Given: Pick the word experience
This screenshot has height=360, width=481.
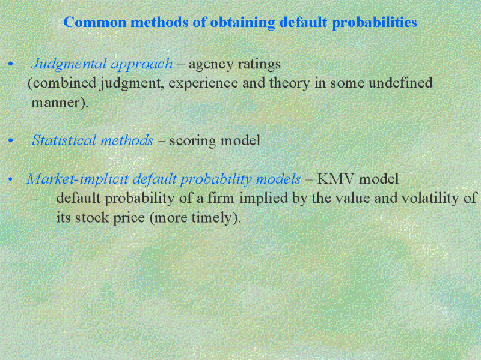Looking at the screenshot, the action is pos(203,83).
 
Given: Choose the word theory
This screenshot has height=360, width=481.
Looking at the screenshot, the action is pos(290,83).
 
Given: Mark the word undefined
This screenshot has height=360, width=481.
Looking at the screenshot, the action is pos(400,83).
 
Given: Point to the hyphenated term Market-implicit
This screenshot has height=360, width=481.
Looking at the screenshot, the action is pos(78,179).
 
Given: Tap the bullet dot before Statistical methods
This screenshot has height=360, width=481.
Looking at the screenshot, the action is pos(11,140).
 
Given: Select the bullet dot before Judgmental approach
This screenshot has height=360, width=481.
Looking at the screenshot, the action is pos(11,64).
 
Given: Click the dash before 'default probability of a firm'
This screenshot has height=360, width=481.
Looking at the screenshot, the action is pos(35,199).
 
